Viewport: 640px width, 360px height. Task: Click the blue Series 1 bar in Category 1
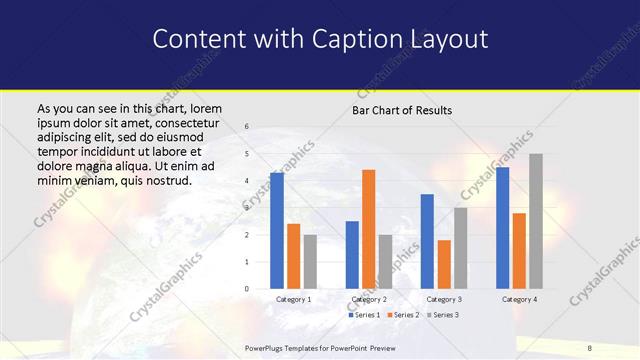pos(277,231)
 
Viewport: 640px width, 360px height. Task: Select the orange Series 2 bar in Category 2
pos(368,229)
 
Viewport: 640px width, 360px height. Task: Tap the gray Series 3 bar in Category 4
pos(535,221)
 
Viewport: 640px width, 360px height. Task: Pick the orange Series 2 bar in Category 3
pos(443,264)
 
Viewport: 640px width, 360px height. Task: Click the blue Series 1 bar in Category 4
pos(502,228)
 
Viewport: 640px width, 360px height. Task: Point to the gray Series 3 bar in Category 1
pos(310,262)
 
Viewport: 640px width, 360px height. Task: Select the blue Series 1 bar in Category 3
pos(427,241)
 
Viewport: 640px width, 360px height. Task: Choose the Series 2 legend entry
pos(403,314)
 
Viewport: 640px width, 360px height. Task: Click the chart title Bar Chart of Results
pos(402,110)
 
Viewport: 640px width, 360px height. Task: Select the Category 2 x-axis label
pos(368,299)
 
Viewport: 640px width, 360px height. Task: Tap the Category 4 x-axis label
pos(518,299)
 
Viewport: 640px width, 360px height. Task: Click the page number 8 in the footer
pos(590,346)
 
